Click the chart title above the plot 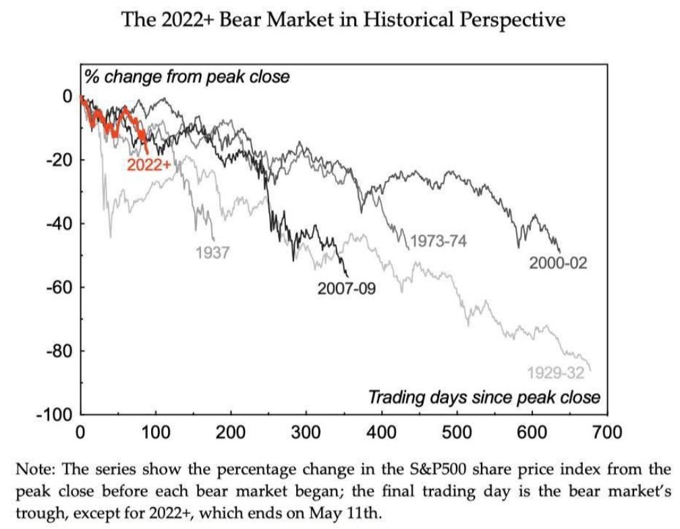click(x=343, y=20)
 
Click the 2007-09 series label click(x=347, y=289)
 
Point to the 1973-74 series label click(x=438, y=241)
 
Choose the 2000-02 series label click(x=558, y=263)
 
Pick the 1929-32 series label click(x=555, y=372)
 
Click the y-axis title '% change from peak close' click(x=187, y=76)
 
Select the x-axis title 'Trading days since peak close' click(x=484, y=397)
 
